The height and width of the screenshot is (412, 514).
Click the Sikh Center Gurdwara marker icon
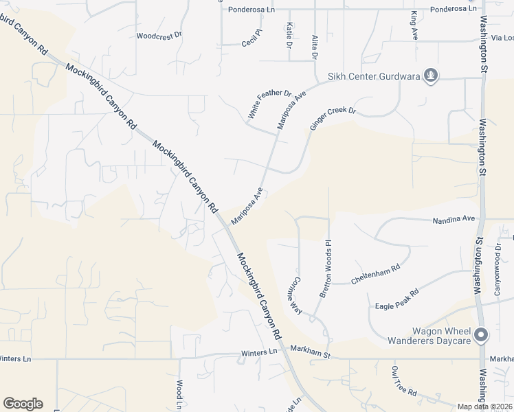[431, 76]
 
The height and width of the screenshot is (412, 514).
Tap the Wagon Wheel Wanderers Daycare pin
[481, 335]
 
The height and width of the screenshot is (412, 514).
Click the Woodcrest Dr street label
[159, 35]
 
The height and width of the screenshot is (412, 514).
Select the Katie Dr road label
[289, 34]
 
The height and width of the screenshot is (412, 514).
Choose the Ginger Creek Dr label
[333, 118]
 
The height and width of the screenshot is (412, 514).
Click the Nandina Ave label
[454, 220]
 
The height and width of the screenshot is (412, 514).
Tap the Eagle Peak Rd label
[396, 299]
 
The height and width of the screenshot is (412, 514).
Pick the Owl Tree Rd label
[404, 382]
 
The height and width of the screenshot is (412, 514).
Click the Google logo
[23, 404]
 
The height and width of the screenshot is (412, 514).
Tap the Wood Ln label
[179, 394]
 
